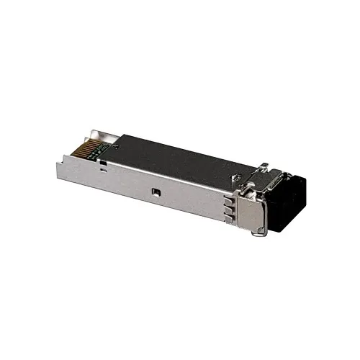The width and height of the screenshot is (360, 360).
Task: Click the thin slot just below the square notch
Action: [x=105, y=171]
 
